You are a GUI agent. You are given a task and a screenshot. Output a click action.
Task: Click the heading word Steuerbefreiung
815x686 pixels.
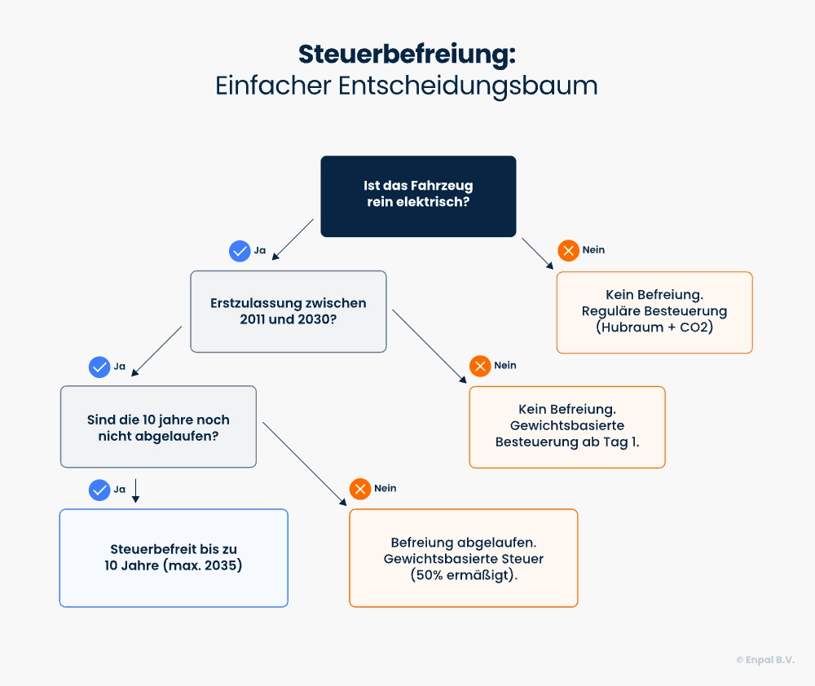click(x=407, y=54)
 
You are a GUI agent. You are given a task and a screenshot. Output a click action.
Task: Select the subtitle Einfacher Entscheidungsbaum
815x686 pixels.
click(x=407, y=86)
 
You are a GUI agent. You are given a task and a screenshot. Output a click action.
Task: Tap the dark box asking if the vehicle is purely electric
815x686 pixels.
click(x=418, y=196)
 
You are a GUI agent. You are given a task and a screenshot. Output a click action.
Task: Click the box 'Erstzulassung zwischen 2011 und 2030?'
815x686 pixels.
click(x=289, y=311)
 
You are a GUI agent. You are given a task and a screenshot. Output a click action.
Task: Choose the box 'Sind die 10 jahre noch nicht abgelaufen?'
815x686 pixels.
click(x=158, y=427)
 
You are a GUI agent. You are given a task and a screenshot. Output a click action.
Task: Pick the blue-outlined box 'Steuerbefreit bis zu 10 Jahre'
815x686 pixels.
click(x=174, y=557)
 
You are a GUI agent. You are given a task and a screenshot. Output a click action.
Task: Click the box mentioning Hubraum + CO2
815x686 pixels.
click(x=654, y=312)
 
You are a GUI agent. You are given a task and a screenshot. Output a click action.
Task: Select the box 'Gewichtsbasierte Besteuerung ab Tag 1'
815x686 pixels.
click(x=567, y=427)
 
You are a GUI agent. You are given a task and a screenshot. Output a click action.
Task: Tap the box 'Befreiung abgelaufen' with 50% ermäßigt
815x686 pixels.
click(x=463, y=558)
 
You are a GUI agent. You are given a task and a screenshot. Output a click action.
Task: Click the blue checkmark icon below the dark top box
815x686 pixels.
click(x=240, y=251)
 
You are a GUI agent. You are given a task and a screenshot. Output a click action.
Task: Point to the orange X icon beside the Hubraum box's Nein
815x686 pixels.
click(x=568, y=250)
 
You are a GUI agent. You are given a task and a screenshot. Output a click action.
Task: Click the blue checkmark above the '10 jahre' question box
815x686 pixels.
click(x=99, y=367)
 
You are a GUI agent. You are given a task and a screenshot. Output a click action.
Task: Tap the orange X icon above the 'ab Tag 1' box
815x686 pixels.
click(x=480, y=366)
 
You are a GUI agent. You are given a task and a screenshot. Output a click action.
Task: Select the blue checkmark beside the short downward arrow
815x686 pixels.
click(x=99, y=490)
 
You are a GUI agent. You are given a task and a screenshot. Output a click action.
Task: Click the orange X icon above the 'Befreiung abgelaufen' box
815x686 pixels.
click(x=360, y=489)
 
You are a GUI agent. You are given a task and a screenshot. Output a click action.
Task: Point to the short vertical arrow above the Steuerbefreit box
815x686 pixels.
click(x=135, y=490)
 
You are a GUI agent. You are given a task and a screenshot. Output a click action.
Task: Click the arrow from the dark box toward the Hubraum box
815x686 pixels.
click(x=538, y=253)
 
